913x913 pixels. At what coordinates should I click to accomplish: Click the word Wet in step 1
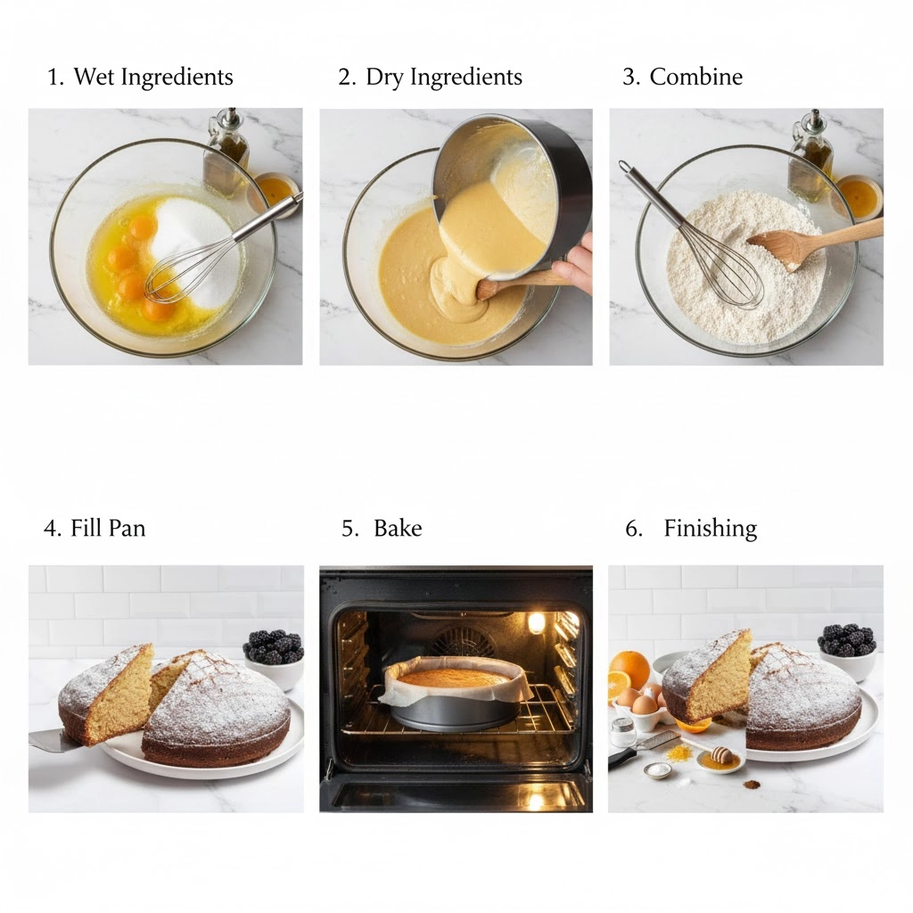tap(94, 77)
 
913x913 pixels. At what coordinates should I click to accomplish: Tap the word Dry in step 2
tap(384, 78)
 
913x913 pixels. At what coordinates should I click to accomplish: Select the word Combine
tap(695, 77)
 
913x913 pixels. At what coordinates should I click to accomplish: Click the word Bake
tap(398, 528)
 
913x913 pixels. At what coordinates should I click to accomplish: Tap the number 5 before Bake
tap(349, 528)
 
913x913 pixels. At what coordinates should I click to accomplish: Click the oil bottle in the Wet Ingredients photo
tap(226, 152)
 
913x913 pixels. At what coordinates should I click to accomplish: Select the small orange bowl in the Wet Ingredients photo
tap(274, 193)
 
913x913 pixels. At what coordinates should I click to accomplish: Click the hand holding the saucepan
tap(573, 265)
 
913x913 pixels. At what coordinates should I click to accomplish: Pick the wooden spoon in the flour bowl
tap(815, 243)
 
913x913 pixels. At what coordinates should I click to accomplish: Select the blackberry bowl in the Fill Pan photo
tap(274, 655)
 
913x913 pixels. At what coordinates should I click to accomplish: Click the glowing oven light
tap(536, 623)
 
